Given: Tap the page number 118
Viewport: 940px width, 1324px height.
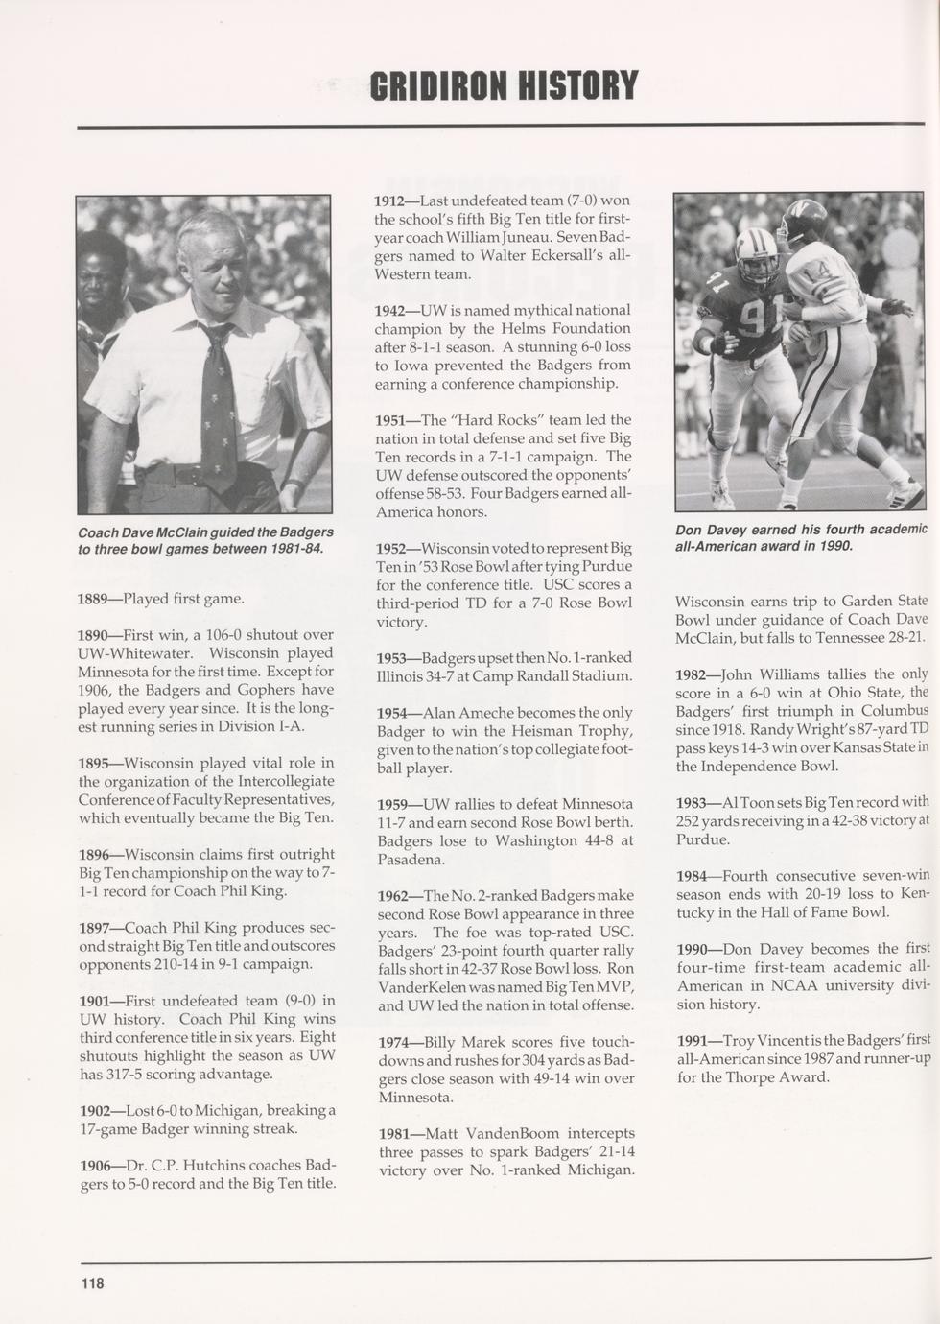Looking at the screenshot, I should (x=92, y=1283).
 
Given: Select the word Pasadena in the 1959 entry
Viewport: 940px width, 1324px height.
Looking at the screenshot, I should (x=410, y=860).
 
